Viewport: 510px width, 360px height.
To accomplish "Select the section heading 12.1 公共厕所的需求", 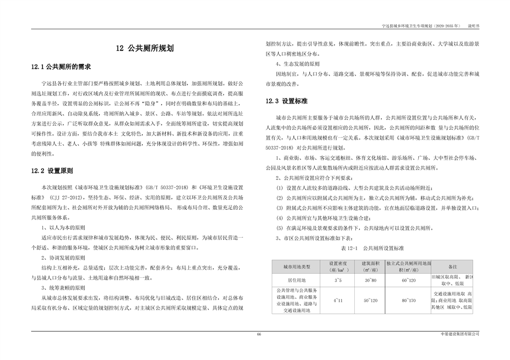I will tap(61, 68).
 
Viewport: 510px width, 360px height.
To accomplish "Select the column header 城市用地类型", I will tap(295, 266).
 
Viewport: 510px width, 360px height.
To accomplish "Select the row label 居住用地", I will tap(295, 280).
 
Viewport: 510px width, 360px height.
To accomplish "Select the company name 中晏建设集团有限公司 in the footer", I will tap(458, 334).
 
